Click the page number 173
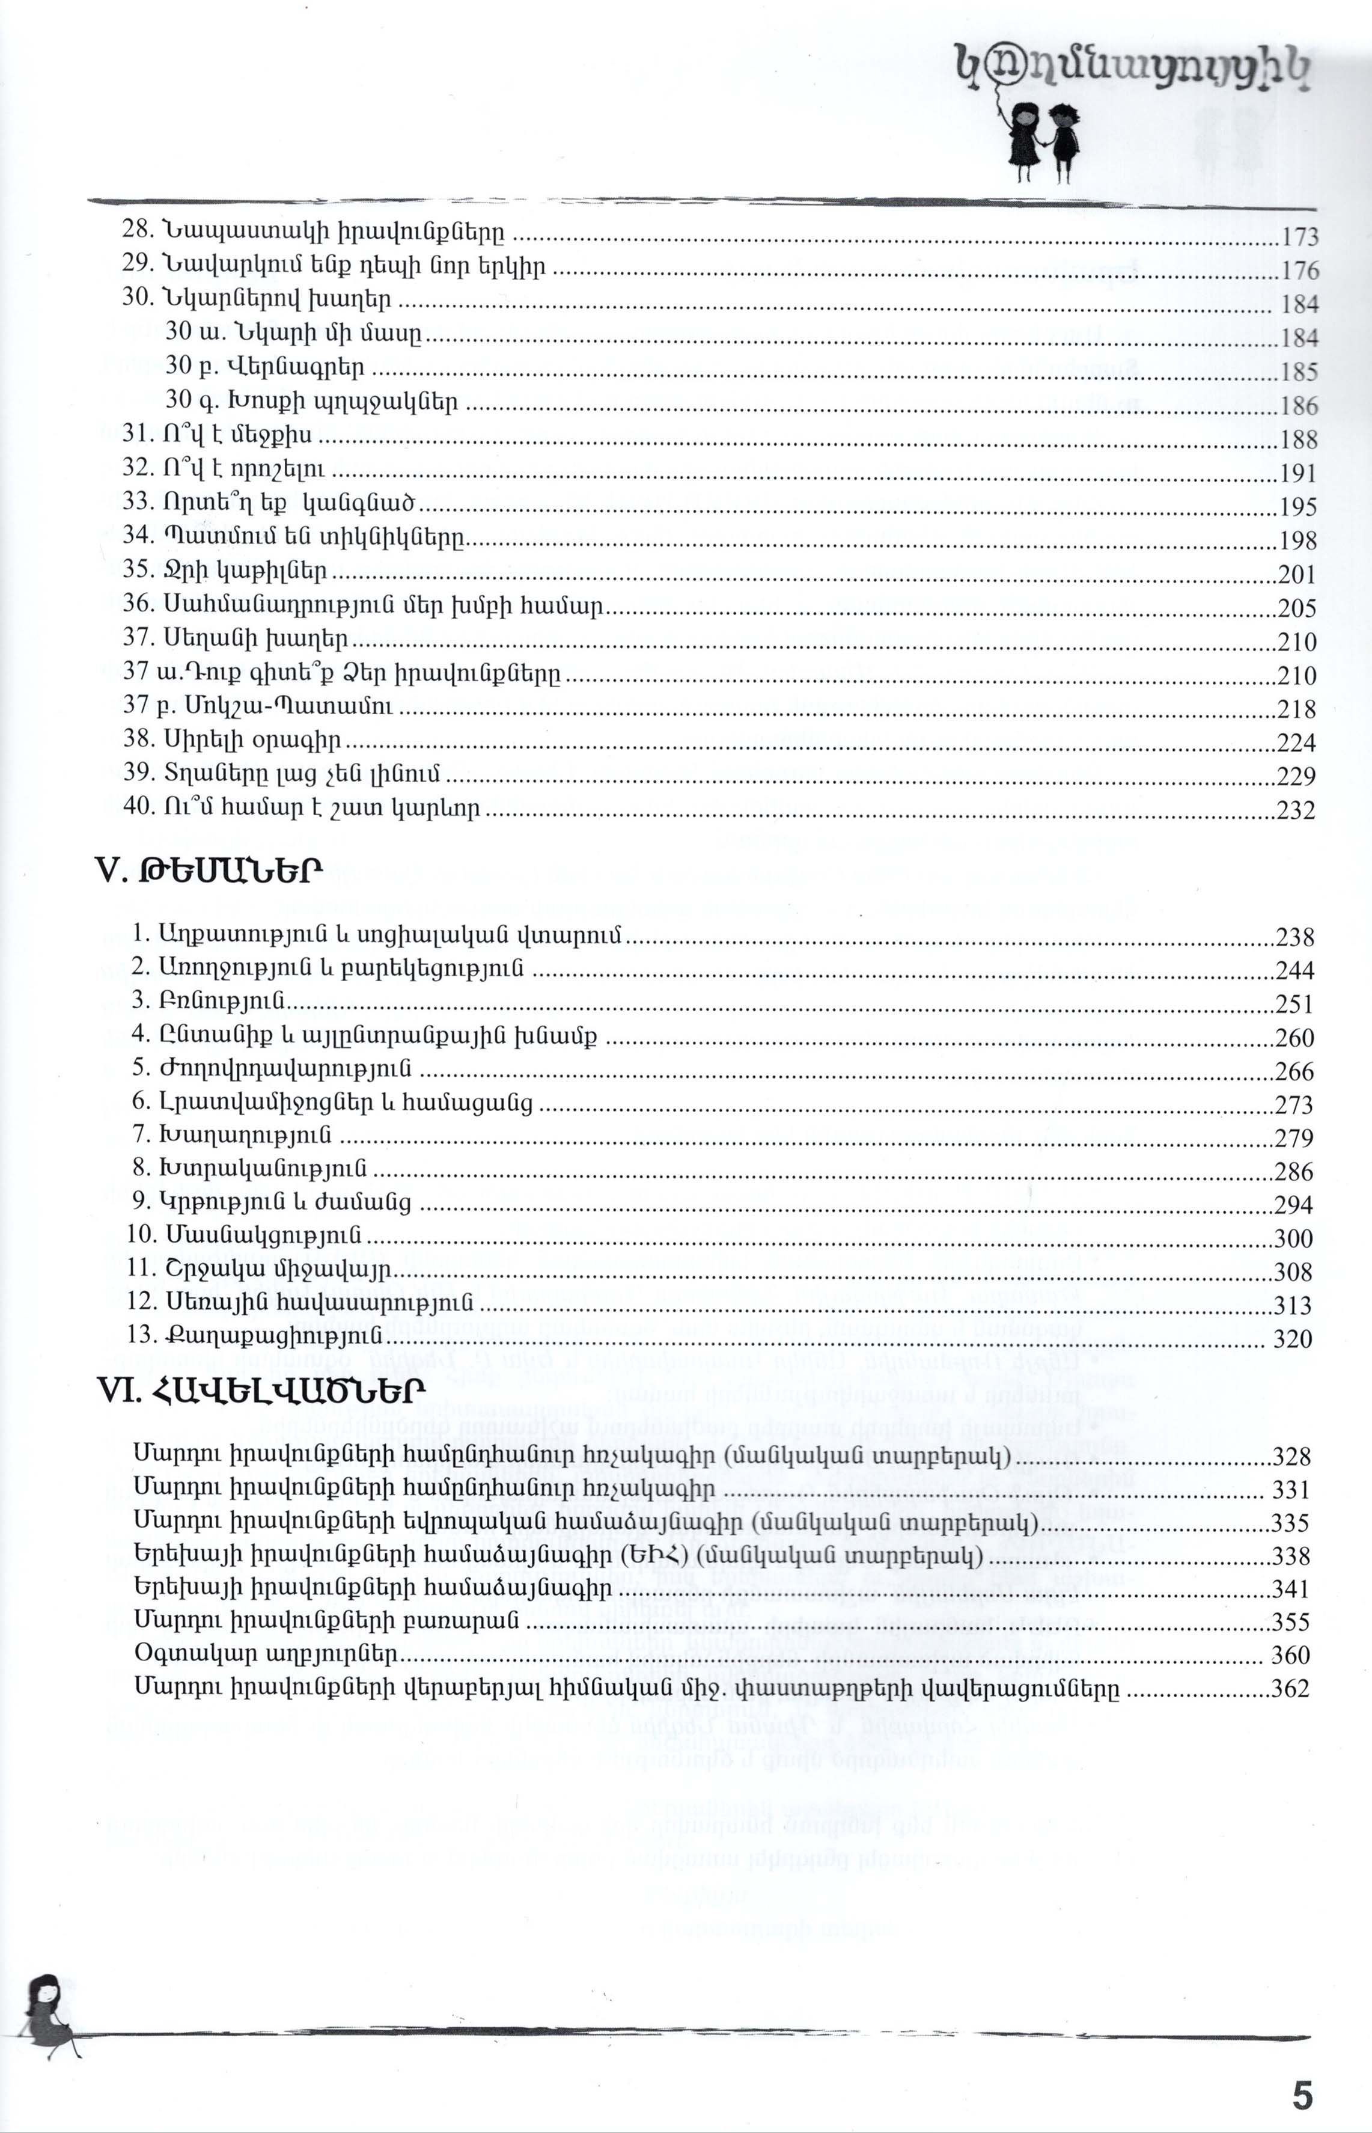[x=1299, y=237]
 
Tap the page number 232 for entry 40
[x=1297, y=810]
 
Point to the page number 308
[x=1294, y=1272]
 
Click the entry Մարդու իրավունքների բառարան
[x=327, y=1621]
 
